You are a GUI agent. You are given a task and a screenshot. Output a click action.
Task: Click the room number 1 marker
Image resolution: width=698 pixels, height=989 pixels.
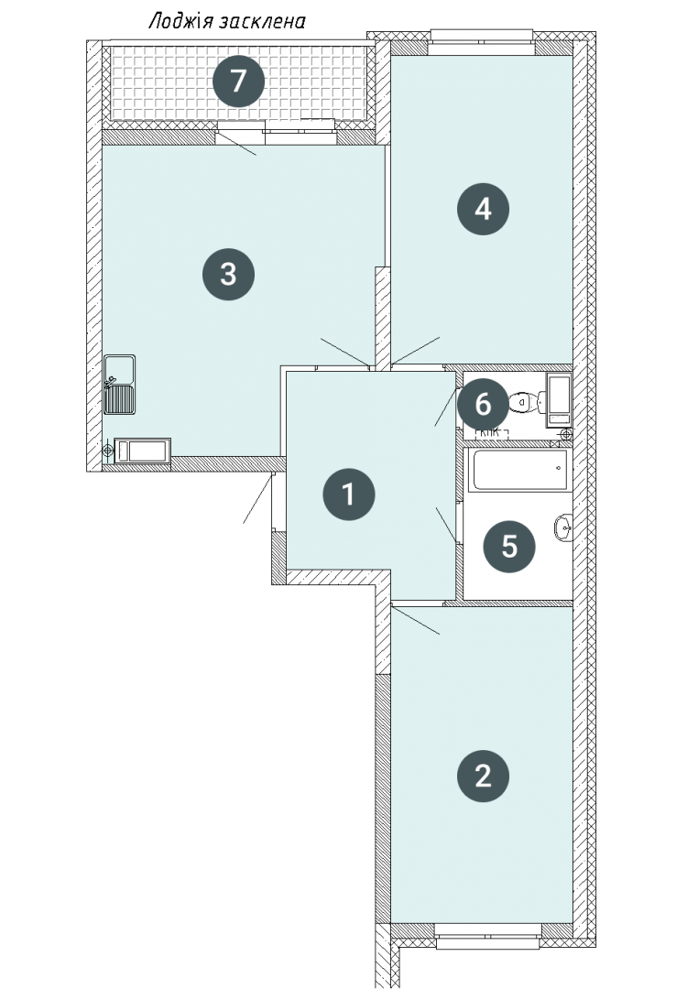tap(348, 494)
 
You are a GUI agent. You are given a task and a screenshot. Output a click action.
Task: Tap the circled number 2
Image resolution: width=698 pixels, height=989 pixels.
tap(483, 776)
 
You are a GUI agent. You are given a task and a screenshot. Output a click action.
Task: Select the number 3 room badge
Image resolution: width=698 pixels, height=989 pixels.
tap(228, 275)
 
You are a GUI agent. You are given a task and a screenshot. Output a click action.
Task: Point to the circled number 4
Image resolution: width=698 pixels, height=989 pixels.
tap(483, 209)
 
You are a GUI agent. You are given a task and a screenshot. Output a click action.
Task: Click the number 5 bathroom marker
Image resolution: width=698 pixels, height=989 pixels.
tap(509, 546)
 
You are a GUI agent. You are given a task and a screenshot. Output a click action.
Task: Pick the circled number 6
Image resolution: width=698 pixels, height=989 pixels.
tap(483, 405)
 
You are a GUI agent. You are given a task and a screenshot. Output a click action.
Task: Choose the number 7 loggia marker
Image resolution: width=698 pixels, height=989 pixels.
tap(238, 81)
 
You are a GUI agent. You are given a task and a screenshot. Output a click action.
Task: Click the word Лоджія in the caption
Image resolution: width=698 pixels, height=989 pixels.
tap(180, 21)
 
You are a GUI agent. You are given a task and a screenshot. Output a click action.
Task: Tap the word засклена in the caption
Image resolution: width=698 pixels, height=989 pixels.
tap(262, 22)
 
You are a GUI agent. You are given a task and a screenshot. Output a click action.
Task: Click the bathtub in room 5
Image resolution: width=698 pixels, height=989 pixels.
tap(519, 469)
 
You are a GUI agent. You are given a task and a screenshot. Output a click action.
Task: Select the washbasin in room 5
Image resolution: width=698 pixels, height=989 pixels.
tap(563, 527)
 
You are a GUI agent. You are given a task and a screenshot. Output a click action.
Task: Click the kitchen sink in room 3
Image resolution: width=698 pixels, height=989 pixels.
tap(119, 384)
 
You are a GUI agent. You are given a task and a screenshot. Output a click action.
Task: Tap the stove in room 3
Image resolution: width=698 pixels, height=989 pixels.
tap(143, 451)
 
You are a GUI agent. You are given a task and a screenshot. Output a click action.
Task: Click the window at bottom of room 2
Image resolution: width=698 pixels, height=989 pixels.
tap(488, 935)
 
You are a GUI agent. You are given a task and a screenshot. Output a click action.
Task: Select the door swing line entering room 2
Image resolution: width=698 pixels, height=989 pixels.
tap(415, 621)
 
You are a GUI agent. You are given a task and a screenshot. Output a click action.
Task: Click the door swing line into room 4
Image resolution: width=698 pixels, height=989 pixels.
tap(415, 351)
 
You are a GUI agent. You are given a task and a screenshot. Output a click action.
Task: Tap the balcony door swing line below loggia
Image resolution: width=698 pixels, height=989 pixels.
tap(236, 143)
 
